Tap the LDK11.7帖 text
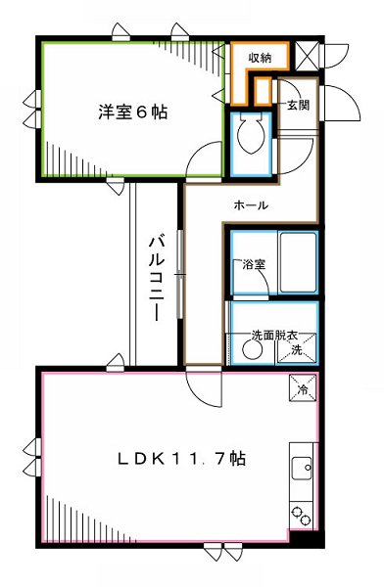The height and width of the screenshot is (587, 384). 182,459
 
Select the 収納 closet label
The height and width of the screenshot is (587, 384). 259,58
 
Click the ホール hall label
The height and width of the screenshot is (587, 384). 251,204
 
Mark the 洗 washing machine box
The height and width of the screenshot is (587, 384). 302,346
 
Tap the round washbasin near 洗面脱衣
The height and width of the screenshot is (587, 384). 244,347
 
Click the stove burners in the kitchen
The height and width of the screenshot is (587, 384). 301,515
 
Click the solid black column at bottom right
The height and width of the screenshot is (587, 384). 307,537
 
